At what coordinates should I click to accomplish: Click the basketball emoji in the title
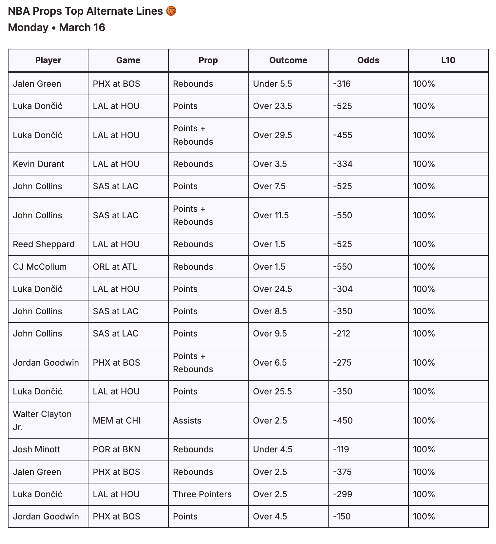tap(171, 11)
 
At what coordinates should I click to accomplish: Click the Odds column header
tap(368, 60)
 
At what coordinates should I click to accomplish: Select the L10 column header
tap(448, 60)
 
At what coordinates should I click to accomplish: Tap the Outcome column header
tap(288, 60)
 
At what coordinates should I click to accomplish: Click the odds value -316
tap(342, 84)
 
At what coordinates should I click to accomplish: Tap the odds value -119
tap(341, 449)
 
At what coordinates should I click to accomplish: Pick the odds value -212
tap(342, 334)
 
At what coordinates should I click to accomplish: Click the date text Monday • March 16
tap(56, 27)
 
